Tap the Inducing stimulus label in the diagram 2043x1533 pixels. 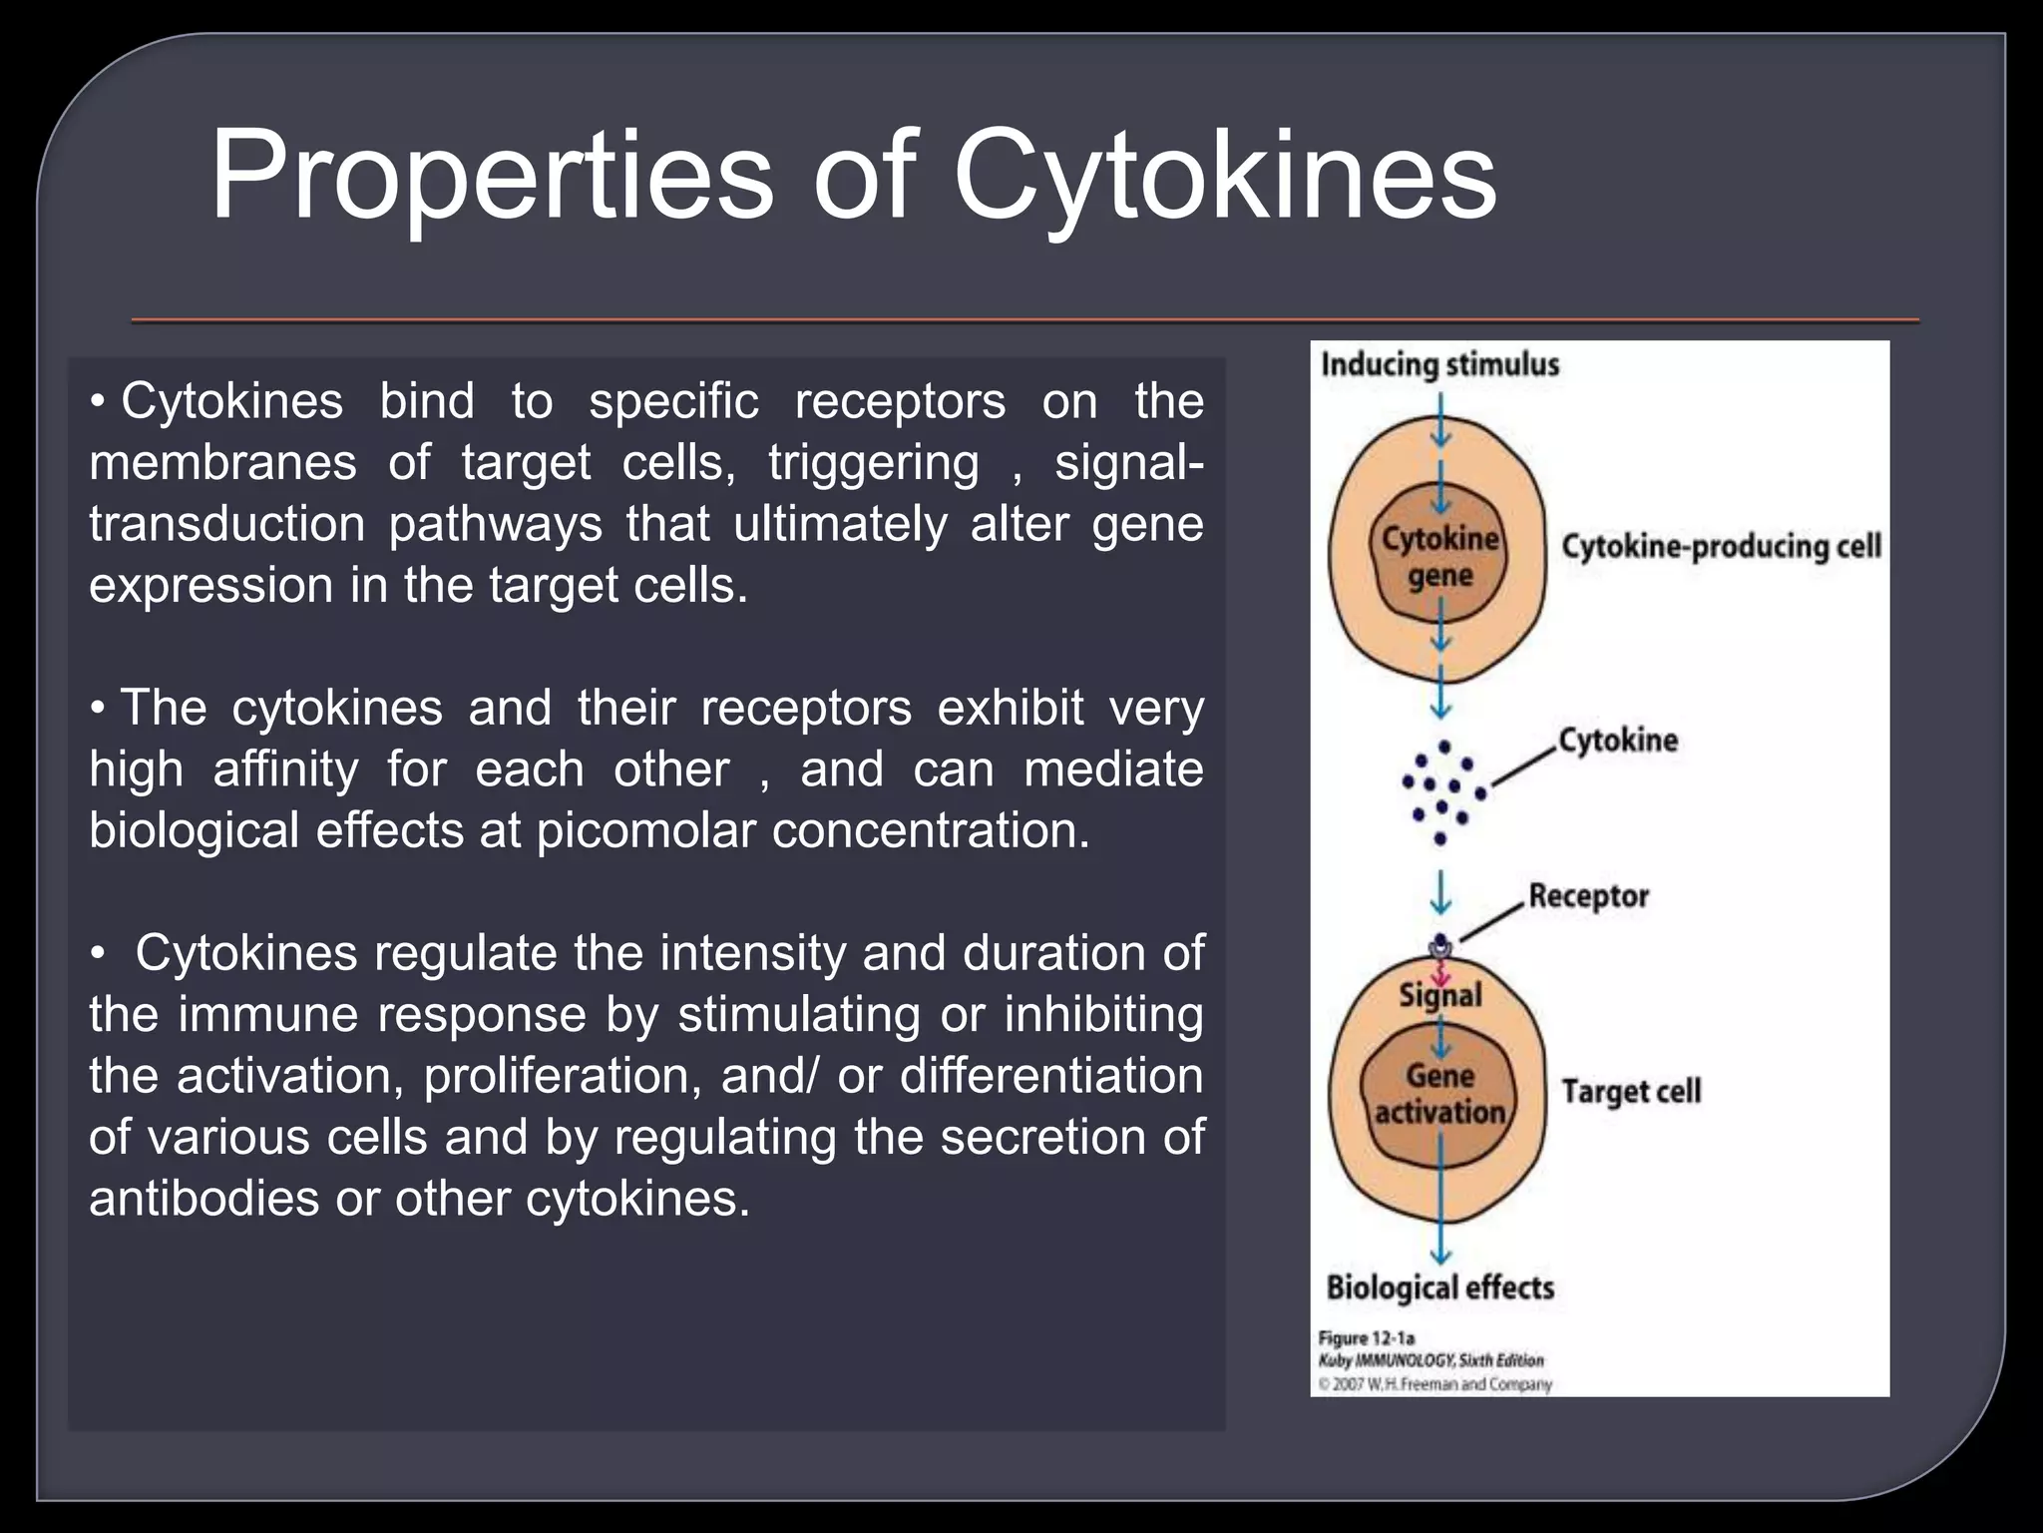click(x=1439, y=364)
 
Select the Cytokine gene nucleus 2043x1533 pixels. click(x=1439, y=557)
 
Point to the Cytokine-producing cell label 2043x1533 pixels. click(x=1721, y=547)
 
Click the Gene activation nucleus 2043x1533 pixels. click(x=1439, y=1094)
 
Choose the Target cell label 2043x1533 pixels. click(x=1631, y=1091)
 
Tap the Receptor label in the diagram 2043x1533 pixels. click(x=1588, y=896)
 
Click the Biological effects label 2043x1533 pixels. click(x=1439, y=1287)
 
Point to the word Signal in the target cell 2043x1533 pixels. click(x=1439, y=995)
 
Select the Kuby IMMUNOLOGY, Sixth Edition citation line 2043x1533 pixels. click(x=1430, y=1360)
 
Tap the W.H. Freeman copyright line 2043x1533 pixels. click(x=1434, y=1384)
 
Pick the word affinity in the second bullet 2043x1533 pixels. click(x=285, y=769)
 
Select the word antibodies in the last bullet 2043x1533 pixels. click(x=204, y=1198)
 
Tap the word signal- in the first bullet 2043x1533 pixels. click(x=1128, y=463)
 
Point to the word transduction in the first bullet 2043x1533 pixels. click(x=226, y=524)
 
